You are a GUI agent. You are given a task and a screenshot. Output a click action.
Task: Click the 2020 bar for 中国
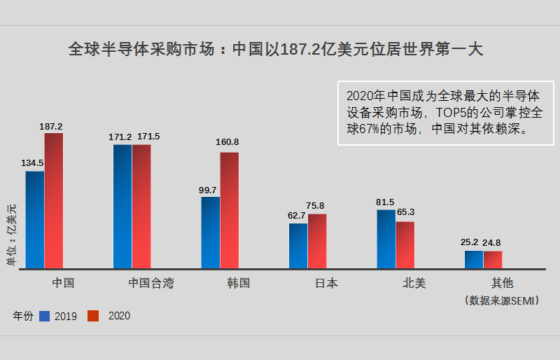54,200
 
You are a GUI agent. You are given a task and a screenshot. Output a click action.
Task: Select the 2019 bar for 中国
35,219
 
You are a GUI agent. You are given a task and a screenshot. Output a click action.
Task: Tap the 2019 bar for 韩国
211,232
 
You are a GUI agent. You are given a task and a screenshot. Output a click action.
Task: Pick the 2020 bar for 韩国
230,210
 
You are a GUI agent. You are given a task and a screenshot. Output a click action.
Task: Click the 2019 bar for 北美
386,239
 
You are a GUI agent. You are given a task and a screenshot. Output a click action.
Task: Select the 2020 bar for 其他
493,259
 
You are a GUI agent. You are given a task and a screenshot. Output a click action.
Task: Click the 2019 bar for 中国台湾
122,206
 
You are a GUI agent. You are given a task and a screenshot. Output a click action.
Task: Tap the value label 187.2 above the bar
51,127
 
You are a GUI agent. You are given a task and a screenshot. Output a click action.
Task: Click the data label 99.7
208,190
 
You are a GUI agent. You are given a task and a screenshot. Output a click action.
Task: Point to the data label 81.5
385,202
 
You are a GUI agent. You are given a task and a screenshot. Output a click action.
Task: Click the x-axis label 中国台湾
151,284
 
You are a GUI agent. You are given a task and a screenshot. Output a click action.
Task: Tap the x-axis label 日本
326,284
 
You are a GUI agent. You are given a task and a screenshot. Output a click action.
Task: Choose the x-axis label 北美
414,284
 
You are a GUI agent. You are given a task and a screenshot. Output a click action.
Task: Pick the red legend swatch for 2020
93,316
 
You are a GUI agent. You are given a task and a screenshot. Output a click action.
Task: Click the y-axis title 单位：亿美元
11,235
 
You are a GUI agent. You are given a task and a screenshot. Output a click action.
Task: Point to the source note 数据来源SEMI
502,300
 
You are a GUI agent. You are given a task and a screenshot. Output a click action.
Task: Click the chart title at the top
275,50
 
